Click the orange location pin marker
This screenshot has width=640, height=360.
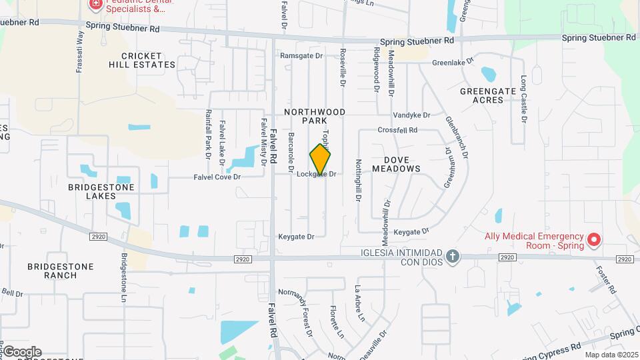(x=320, y=159)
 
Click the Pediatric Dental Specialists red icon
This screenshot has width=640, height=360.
(x=95, y=5)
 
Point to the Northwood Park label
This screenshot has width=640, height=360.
(x=305, y=116)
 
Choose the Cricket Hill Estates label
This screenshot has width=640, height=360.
(x=143, y=60)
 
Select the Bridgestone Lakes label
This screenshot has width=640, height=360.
(x=101, y=192)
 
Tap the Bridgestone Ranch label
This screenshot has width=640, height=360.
(x=61, y=271)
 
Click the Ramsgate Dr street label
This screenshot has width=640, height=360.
(x=301, y=56)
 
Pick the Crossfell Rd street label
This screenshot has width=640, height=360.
(x=397, y=130)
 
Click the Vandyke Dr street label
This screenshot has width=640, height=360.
(x=411, y=115)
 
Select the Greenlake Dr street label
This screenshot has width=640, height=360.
(x=453, y=62)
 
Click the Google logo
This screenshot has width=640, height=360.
(x=22, y=352)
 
